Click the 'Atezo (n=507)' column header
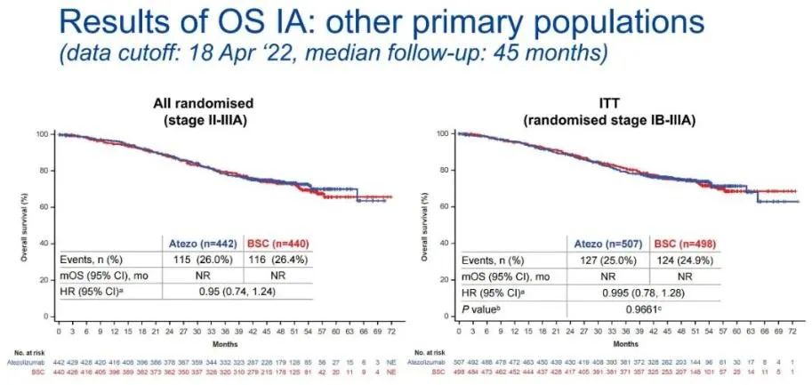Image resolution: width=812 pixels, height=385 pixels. click(605, 241)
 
